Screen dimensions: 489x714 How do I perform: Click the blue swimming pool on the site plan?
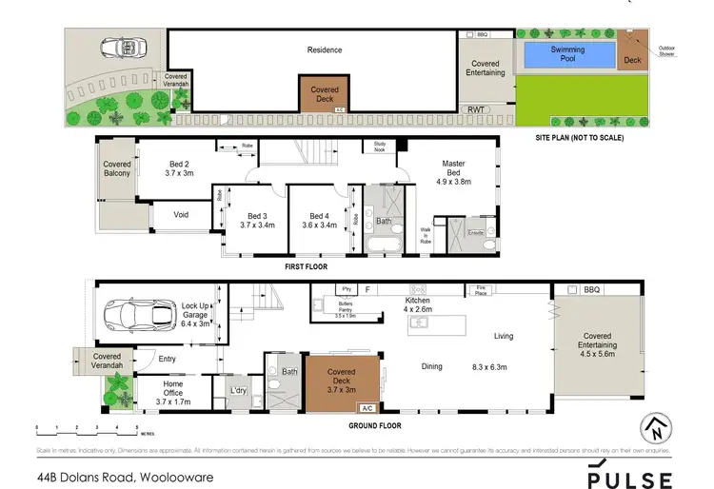point(567,54)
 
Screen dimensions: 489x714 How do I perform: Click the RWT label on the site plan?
point(474,110)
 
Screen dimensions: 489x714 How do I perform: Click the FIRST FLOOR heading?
point(307,268)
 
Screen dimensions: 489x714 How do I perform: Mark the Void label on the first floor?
point(181,215)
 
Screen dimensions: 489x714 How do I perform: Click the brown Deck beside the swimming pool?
point(632,53)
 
